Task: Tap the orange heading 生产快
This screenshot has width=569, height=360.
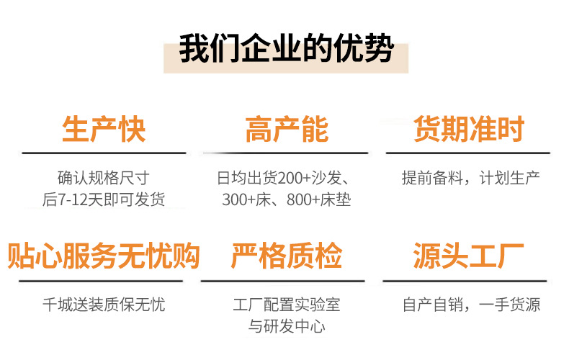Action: tap(104, 130)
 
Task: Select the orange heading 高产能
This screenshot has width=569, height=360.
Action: tap(286, 130)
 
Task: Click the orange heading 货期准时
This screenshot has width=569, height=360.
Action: tap(468, 130)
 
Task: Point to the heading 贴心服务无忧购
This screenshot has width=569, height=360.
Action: tap(104, 256)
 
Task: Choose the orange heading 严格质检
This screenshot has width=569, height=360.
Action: tap(286, 256)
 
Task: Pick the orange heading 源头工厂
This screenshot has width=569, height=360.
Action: tap(468, 256)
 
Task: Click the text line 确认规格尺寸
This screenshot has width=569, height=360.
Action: tap(104, 177)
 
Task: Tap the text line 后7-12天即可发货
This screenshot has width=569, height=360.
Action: tap(104, 199)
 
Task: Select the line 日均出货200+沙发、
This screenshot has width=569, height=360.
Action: tap(286, 177)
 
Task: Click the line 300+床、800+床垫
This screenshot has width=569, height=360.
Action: tap(286, 199)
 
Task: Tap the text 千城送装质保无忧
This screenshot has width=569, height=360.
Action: tap(104, 305)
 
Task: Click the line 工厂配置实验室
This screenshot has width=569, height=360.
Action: tap(286, 305)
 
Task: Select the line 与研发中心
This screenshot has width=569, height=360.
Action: tap(286, 326)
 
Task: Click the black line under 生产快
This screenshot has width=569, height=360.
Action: tap(104, 153)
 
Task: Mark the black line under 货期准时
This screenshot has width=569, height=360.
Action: tap(468, 153)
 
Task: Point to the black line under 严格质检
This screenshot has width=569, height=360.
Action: tap(286, 280)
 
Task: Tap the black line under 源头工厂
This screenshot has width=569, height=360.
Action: tap(468, 280)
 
